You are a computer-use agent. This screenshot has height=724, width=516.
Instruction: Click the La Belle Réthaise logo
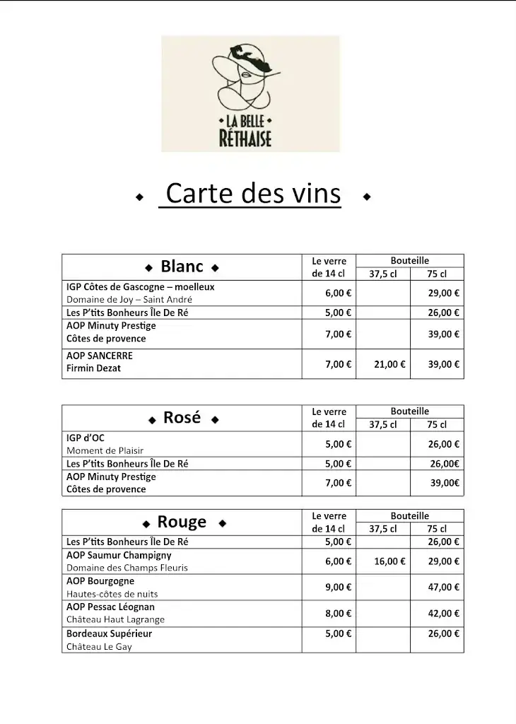pyautogui.click(x=250, y=94)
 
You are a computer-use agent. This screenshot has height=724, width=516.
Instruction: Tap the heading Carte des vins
pyautogui.click(x=252, y=194)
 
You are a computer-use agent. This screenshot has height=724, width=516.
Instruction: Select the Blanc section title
pyautogui.click(x=182, y=267)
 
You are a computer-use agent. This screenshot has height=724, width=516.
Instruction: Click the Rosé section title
pyautogui.click(x=182, y=418)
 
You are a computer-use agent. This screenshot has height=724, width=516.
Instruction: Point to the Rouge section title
pyautogui.click(x=182, y=522)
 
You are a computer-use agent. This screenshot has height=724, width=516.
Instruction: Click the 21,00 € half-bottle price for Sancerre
pyautogui.click(x=389, y=364)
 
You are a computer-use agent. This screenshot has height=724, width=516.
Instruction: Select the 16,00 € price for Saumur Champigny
pyautogui.click(x=389, y=561)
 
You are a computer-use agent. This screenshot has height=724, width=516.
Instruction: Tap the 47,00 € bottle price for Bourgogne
pyautogui.click(x=444, y=587)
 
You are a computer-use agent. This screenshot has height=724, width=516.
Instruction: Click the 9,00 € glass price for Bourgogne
pyautogui.click(x=339, y=587)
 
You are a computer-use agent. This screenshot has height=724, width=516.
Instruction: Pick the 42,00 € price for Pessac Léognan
pyautogui.click(x=444, y=614)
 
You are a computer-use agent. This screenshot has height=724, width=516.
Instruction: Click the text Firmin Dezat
pyautogui.click(x=93, y=368)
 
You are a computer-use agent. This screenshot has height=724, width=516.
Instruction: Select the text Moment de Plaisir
pyautogui.click(x=105, y=450)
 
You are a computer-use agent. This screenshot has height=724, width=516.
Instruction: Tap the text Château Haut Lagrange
pyautogui.click(x=115, y=619)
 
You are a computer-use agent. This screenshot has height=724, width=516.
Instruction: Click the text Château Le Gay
pyautogui.click(x=99, y=647)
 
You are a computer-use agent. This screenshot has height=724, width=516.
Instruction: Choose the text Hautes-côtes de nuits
pyautogui.click(x=112, y=594)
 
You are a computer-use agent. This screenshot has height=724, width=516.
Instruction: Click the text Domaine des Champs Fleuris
pyautogui.click(x=127, y=568)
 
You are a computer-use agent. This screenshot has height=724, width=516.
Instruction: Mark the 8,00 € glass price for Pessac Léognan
pyautogui.click(x=339, y=614)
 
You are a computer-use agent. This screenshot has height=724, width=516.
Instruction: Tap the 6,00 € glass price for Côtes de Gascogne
pyautogui.click(x=339, y=293)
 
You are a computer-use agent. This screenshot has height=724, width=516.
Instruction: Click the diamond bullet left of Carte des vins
pyautogui.click(x=139, y=197)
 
